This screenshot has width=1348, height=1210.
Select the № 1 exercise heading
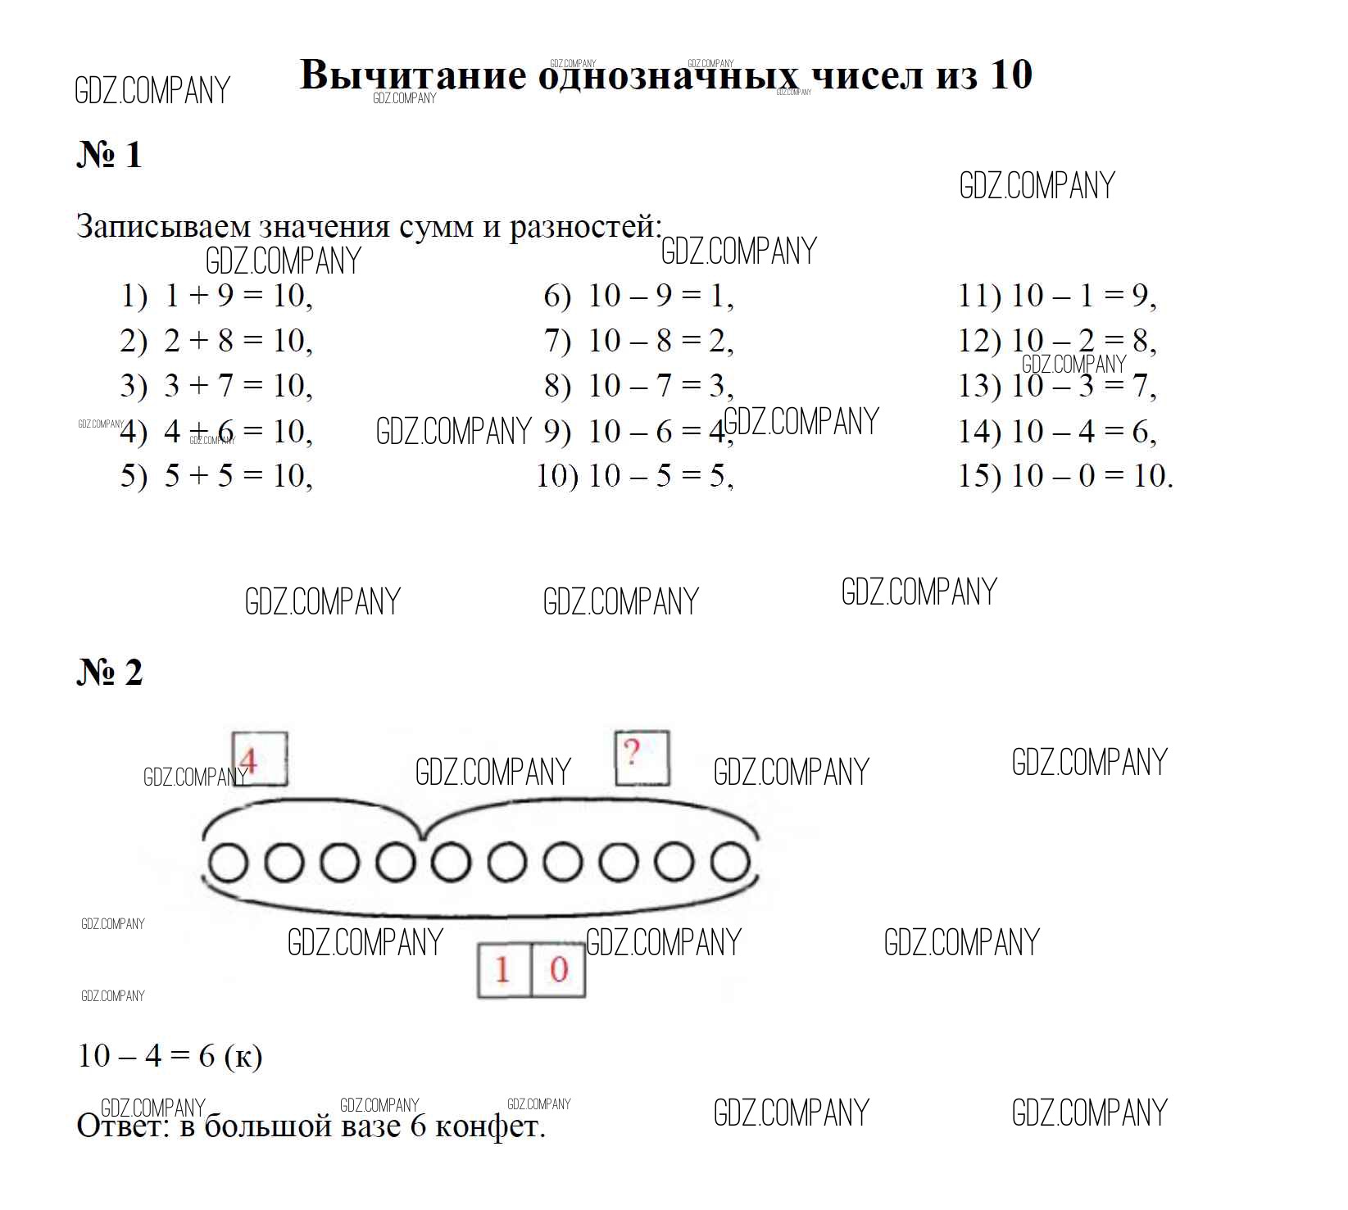point(110,154)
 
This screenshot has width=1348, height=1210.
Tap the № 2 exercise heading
point(110,672)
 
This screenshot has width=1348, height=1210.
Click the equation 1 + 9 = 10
point(238,296)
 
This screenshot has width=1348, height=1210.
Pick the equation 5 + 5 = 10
point(238,475)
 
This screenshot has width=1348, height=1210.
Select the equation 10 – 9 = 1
point(660,296)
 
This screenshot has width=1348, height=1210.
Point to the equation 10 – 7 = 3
point(660,385)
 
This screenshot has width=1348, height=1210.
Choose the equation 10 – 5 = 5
point(660,475)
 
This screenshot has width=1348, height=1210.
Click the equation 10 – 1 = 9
point(1083,296)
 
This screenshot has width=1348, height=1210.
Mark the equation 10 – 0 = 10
point(1092,475)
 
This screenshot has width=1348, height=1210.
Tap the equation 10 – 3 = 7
point(1083,385)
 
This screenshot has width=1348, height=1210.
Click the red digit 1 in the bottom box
point(502,970)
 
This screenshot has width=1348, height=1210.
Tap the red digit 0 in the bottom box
point(559,970)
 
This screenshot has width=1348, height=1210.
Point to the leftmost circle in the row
point(228,863)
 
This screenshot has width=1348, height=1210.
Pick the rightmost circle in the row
point(730,863)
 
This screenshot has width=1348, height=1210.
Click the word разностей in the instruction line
point(585,226)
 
